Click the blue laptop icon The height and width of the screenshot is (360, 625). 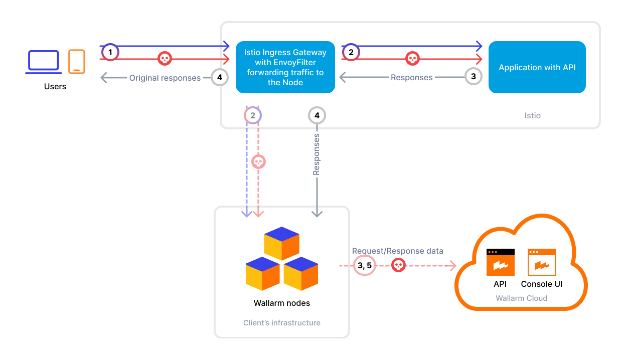[44, 62]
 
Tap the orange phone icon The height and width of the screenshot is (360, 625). [77, 62]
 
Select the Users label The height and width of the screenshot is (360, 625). [55, 86]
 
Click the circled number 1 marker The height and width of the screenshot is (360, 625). [110, 52]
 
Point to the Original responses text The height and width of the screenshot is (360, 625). [165, 78]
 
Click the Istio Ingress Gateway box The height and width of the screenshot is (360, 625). [285, 67]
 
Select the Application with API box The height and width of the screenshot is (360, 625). [537, 67]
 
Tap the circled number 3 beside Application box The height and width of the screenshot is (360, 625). [473, 77]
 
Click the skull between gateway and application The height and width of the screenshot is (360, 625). [412, 59]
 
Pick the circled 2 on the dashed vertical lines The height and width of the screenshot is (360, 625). [253, 115]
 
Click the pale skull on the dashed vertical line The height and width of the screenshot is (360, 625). [258, 161]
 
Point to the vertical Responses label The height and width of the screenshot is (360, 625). [317, 154]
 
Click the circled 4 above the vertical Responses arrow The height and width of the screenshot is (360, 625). [317, 115]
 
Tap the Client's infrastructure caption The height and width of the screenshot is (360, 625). [281, 323]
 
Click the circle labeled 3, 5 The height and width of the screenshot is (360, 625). [364, 266]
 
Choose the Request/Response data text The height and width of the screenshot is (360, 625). [397, 251]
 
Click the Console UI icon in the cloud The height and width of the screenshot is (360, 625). [541, 262]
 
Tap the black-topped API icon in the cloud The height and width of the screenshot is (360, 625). [500, 262]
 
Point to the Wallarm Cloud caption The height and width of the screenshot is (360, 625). [521, 298]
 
